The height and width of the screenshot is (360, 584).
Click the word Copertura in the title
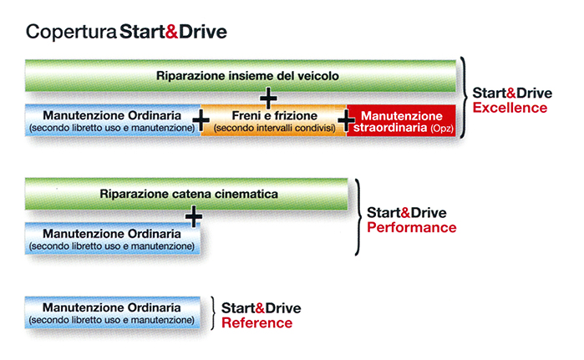coord(71,32)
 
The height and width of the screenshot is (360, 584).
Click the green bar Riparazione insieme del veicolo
coord(241,75)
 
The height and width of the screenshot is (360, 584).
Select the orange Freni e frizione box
coord(274,120)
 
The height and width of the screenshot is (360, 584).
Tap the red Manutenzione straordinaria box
coord(401,120)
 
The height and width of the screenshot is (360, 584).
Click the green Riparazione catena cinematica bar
coord(186,194)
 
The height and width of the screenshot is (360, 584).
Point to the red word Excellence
coord(510,108)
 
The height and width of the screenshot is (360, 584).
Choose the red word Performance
coord(412,228)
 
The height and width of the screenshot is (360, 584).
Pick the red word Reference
coord(257,323)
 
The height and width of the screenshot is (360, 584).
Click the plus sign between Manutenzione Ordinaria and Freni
coord(201,120)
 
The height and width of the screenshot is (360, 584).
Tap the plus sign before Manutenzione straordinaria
coord(346,120)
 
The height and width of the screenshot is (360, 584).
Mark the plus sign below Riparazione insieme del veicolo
coord(268,98)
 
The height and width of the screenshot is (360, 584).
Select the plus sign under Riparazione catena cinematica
coord(194,216)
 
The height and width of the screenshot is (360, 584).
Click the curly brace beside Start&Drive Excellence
coord(464,98)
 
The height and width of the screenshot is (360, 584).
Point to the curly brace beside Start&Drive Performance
coord(359,216)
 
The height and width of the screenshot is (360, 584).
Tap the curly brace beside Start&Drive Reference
coord(213,313)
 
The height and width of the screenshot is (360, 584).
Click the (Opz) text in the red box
coord(442,129)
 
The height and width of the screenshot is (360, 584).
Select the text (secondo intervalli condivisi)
coord(275,129)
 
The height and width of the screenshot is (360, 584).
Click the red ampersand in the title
coord(171,32)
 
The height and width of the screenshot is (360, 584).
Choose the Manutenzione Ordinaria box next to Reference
coord(113,312)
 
